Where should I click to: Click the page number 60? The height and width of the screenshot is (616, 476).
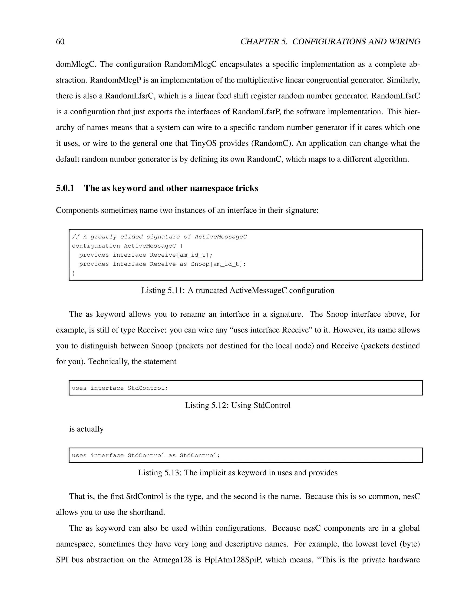click(60, 42)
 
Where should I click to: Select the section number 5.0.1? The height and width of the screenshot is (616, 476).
click(65, 188)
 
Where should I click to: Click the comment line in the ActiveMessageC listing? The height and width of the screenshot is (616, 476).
click(159, 237)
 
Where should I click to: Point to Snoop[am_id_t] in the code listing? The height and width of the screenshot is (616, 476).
click(218, 264)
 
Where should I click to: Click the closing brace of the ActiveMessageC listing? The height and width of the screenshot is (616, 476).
click(74, 273)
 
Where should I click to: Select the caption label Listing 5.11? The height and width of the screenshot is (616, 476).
click(162, 291)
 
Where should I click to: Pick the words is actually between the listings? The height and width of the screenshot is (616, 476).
click(86, 429)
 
